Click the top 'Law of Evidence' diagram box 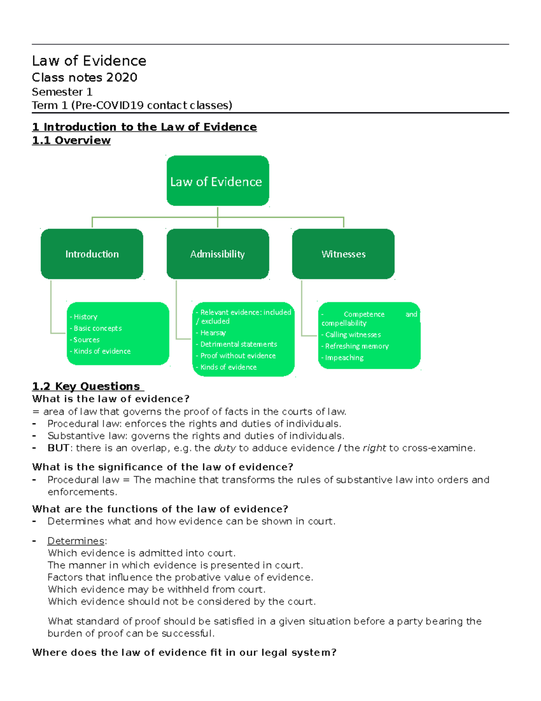pos(217,181)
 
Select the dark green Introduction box pos(92,254)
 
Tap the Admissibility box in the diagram pos(217,254)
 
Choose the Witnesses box pos(343,254)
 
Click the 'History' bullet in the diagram pos(85,317)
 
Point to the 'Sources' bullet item pos(86,340)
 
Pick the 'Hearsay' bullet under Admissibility pos(213,333)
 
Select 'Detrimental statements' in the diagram pos(238,344)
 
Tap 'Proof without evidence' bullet pos(238,356)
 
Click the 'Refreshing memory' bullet pos(357,346)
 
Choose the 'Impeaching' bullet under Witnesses pos(344,357)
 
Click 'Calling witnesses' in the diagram pos(353,335)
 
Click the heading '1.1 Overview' pos(71,140)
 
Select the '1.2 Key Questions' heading pos(87,386)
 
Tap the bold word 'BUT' pos(58,448)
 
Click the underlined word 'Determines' pos(76,541)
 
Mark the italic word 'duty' pos(225,448)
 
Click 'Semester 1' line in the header pos(62,92)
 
